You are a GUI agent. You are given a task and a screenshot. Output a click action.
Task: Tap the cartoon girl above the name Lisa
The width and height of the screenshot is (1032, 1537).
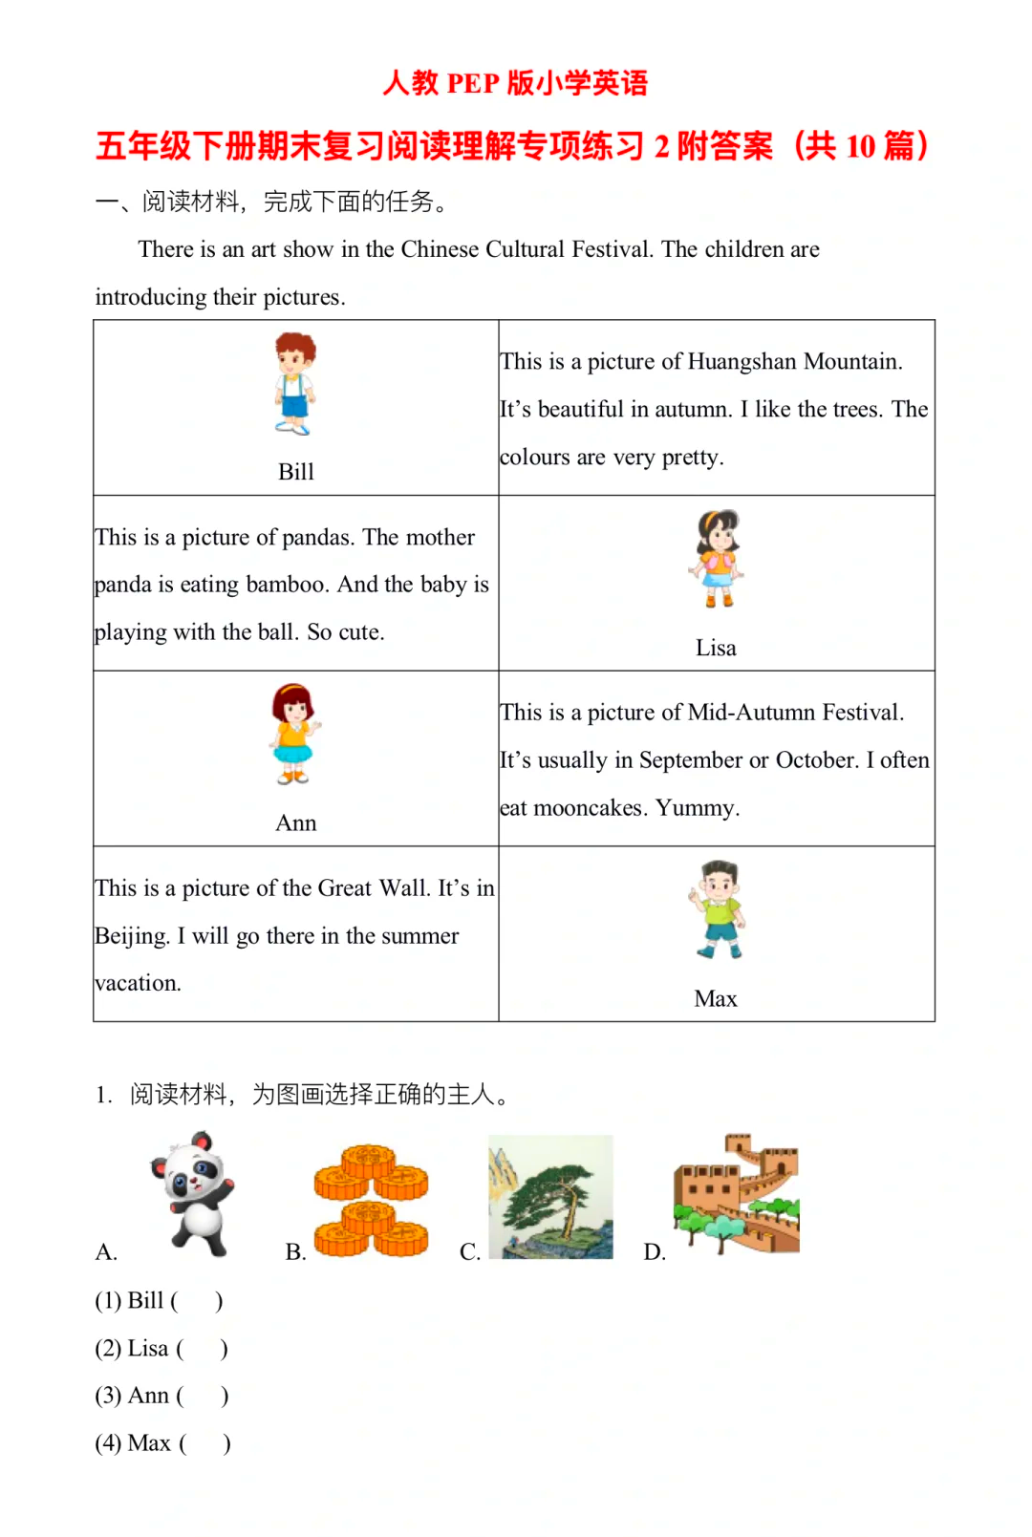coord(717,559)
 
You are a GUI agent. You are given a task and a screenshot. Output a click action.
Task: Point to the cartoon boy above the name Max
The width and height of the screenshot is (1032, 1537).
coord(718,909)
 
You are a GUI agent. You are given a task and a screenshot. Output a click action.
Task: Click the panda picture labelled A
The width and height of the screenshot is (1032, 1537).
coord(194,1194)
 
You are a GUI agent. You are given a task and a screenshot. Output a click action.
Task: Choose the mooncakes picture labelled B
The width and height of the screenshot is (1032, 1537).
coord(371,1200)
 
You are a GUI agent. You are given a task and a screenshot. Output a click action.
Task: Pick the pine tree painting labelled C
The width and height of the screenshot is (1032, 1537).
coord(550,1197)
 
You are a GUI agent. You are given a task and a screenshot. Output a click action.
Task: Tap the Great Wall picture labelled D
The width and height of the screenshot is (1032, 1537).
coord(736,1194)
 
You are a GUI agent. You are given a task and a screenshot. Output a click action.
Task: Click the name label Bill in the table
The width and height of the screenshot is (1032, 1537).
coord(295,472)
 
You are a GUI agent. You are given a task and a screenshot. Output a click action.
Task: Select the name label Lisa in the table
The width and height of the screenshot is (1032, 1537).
coord(716,648)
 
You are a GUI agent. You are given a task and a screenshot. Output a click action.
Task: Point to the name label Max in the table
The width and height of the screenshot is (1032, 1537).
coord(716,998)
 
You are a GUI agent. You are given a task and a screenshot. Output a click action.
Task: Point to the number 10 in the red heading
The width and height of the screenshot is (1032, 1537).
coord(860,146)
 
